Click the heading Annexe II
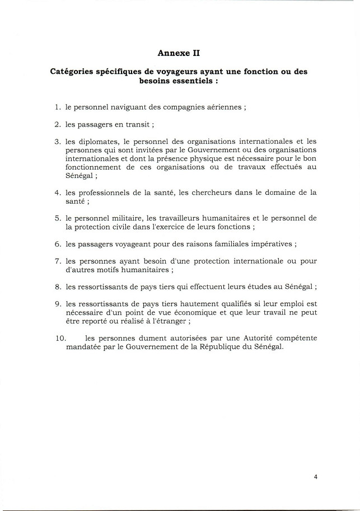[x=179, y=53]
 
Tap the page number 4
[x=316, y=477]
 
